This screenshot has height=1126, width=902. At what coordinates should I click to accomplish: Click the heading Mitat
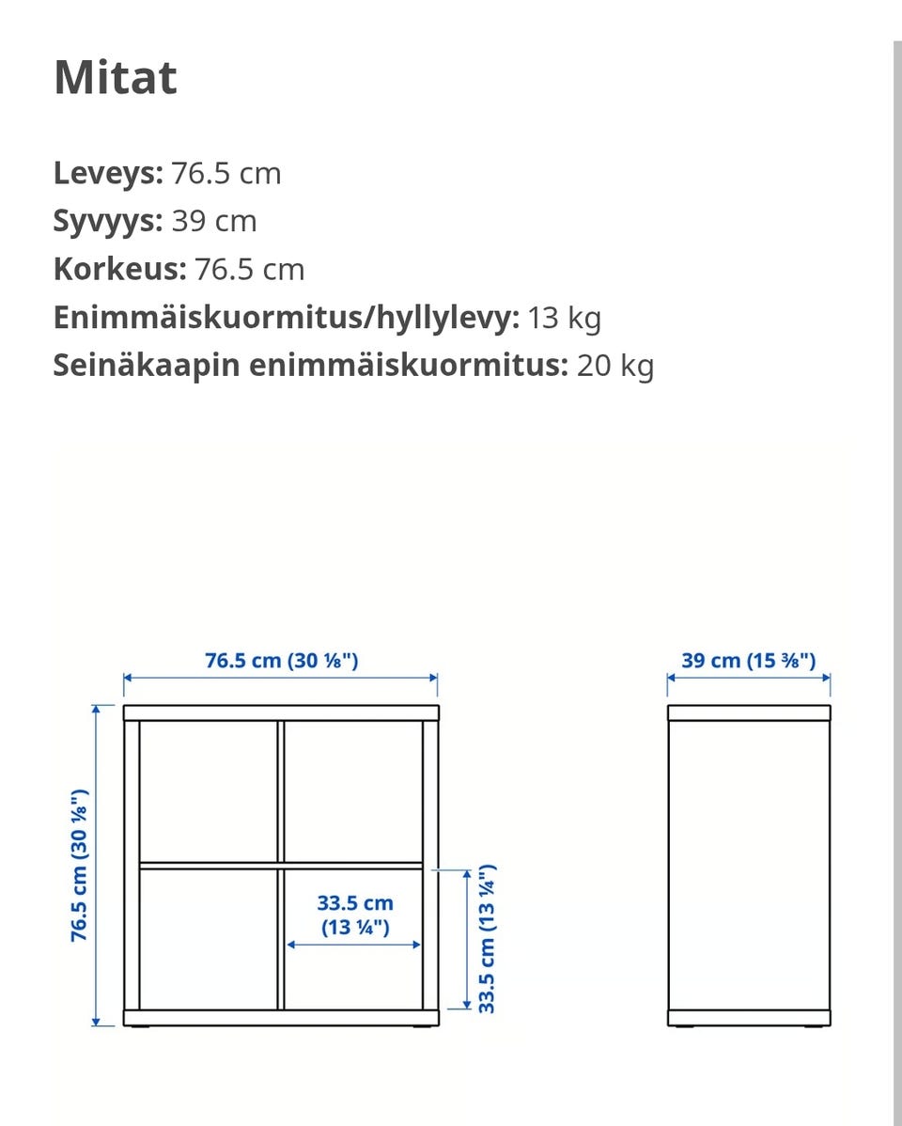click(115, 77)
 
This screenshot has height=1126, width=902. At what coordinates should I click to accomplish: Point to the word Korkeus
click(119, 270)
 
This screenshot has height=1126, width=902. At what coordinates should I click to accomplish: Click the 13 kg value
click(564, 318)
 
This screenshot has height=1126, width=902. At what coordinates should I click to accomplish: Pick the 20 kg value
click(615, 366)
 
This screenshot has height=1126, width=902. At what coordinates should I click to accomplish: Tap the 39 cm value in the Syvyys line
click(214, 221)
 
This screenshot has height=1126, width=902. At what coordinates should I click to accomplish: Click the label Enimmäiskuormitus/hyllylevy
click(286, 318)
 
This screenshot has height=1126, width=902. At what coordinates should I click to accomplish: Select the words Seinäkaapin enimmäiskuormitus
click(310, 366)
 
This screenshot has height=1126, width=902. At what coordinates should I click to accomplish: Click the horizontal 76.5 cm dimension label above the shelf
click(281, 660)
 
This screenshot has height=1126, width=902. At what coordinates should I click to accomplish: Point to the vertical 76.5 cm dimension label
click(80, 865)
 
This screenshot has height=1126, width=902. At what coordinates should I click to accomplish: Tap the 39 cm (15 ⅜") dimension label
click(749, 660)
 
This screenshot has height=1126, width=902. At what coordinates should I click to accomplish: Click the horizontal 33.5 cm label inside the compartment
click(354, 915)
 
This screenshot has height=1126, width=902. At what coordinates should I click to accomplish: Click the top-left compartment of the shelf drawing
click(208, 790)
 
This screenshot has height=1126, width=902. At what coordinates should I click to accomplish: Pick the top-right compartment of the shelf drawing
click(353, 790)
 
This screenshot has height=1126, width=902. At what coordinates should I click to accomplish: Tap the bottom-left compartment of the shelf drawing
click(208, 937)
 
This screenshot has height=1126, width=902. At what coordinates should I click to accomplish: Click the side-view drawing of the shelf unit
click(749, 865)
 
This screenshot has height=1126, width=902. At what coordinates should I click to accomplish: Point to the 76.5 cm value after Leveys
click(225, 173)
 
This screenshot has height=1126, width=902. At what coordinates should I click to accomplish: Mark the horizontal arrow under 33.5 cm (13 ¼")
click(354, 945)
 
